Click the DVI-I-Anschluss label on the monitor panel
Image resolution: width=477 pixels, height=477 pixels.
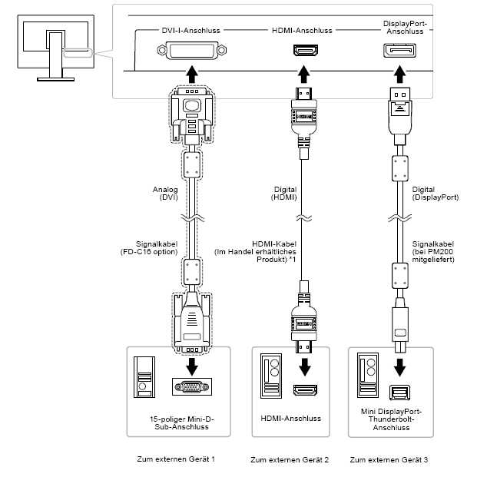[191, 30]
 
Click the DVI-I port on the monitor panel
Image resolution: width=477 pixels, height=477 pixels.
[191, 52]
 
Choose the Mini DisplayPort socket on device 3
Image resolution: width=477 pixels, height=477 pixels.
[399, 391]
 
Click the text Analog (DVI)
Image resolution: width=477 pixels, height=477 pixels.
[165, 193]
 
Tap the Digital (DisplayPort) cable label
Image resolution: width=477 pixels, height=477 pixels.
[435, 193]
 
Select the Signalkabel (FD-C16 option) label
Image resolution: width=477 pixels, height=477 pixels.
[155, 247]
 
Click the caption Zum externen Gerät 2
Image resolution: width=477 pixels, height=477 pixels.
[290, 460]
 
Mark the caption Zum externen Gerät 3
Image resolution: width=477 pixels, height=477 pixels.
[389, 460]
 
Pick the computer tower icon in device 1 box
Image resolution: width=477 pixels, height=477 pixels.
[143, 377]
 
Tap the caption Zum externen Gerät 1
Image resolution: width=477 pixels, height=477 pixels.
[175, 459]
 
